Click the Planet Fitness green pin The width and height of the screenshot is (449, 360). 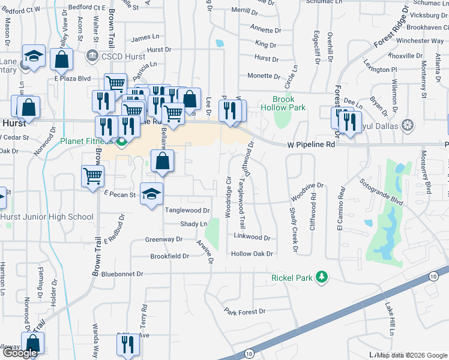click(122, 142)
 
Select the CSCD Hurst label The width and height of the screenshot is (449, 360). click(115, 56)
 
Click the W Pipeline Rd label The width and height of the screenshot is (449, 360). click(311, 145)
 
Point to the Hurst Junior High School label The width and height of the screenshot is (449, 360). click(47, 217)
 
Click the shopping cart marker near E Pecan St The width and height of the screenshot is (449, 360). click(93, 176)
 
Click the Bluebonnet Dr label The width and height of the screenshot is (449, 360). click(122, 274)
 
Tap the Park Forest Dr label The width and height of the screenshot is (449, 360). click(245, 311)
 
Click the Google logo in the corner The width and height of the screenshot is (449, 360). click(19, 353)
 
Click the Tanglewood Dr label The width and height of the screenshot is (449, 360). click(187, 211)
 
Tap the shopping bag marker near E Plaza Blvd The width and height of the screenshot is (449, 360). click(62, 59)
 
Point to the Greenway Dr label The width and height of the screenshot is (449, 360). click(164, 239)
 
